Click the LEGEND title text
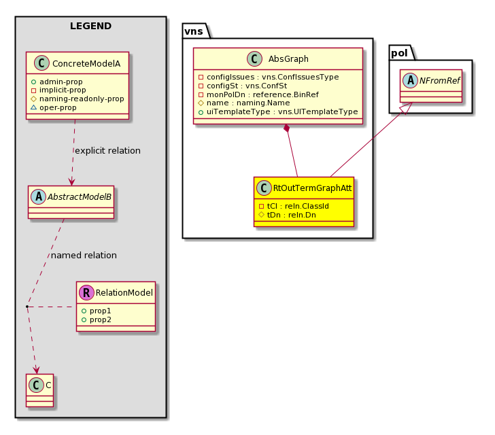[x=90, y=26]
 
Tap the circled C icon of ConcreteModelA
[x=41, y=63]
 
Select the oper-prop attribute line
[x=53, y=107]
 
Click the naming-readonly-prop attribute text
[x=82, y=99]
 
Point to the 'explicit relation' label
[x=107, y=151]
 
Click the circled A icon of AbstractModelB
[x=39, y=196]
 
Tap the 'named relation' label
[x=84, y=255]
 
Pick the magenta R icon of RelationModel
[x=86, y=292]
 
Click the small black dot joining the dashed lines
[x=27, y=307]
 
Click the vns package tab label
[x=194, y=31]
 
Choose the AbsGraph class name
[x=288, y=59]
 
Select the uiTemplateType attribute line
[x=278, y=111]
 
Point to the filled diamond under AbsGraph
[x=286, y=128]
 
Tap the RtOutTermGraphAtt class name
[x=312, y=188]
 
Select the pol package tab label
[x=399, y=53]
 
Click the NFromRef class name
[x=439, y=80]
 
